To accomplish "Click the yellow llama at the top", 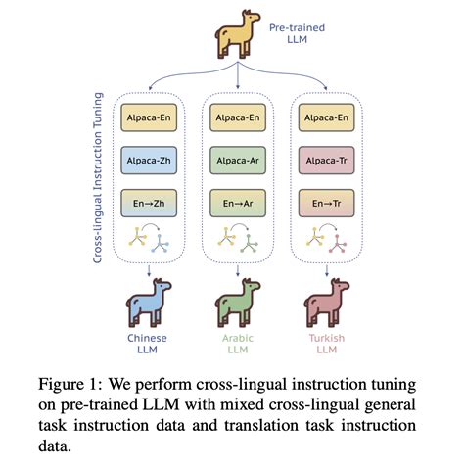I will [x=234, y=38].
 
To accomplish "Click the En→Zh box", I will [x=148, y=206].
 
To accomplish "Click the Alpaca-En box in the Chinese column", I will [x=148, y=117].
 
